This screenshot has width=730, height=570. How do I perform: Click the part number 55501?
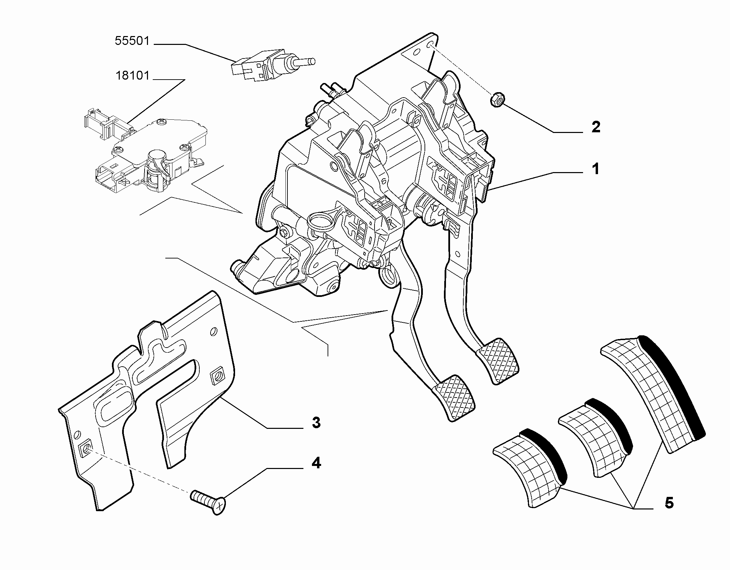(132, 41)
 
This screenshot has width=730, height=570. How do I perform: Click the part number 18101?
(133, 76)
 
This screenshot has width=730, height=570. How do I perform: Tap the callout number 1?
(595, 169)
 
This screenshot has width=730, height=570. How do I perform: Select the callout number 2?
(596, 127)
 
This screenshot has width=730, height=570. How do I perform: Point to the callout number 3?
(316, 423)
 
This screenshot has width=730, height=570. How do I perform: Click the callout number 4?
(316, 463)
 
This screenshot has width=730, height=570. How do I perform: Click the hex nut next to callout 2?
(497, 100)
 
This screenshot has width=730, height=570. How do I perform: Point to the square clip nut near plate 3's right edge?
(217, 375)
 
